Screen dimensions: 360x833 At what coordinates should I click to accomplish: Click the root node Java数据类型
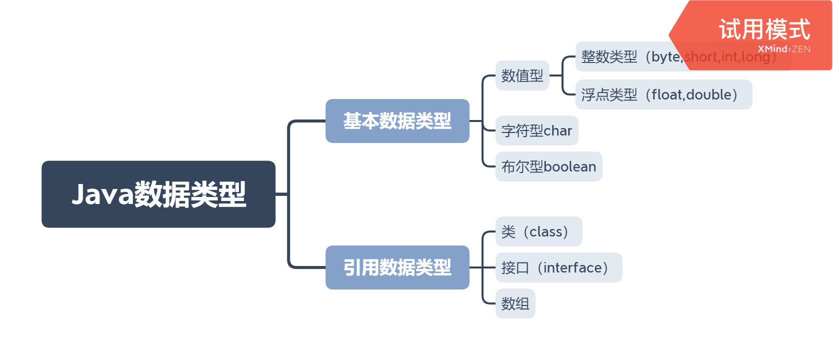tap(158, 194)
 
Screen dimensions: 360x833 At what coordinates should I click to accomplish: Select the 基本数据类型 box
tap(397, 121)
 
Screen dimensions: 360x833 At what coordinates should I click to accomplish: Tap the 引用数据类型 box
tap(397, 267)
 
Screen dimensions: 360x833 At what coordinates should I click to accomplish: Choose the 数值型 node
tap(522, 75)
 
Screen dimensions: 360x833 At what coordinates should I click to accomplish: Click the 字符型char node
tap(536, 130)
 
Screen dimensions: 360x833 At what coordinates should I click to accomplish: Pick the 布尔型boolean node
tap(548, 166)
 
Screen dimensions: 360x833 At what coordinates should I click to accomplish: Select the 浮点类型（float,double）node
tap(663, 94)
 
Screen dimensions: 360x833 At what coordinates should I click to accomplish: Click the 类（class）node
tap(538, 231)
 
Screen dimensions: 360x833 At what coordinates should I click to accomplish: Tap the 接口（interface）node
tap(558, 267)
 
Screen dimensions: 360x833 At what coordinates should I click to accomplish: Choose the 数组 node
tap(515, 303)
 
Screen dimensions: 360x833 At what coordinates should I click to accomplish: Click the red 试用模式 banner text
tap(764, 29)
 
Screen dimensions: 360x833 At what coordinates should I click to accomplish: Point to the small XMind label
tap(773, 48)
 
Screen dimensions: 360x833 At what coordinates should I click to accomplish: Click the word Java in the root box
tap(102, 194)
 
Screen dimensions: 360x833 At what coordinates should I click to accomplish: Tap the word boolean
tap(570, 166)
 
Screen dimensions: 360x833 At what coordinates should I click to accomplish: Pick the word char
tap(557, 130)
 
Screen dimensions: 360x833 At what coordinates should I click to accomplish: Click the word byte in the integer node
tap(665, 57)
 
